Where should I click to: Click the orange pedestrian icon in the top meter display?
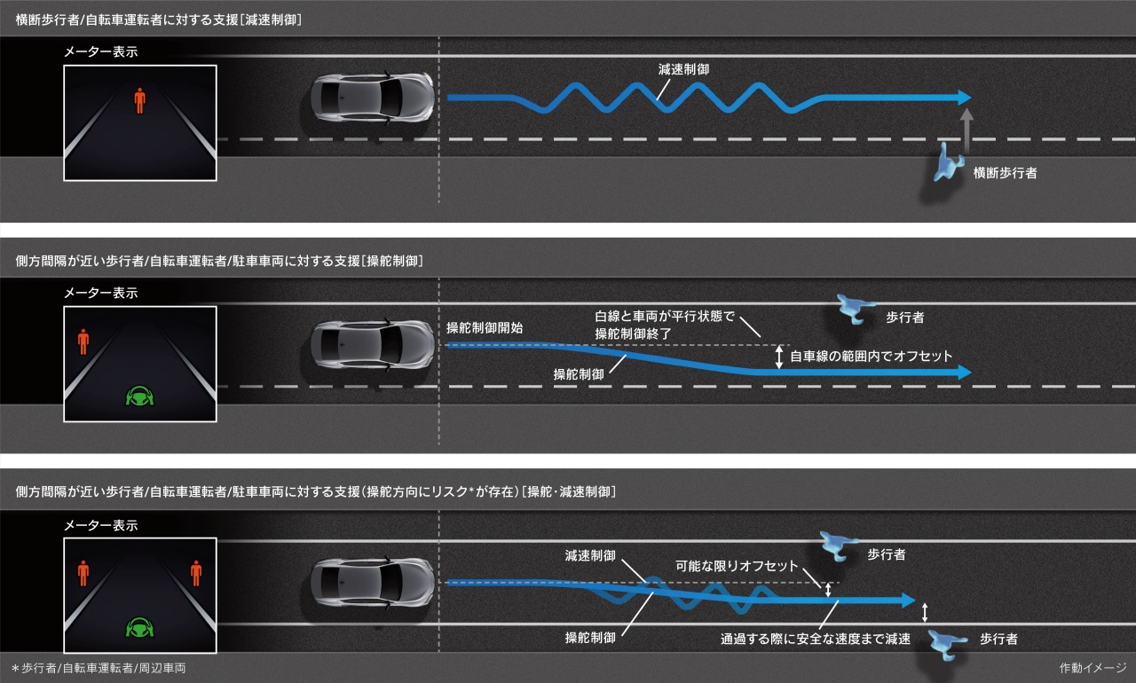coord(139,100)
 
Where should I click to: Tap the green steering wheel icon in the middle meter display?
coord(139,396)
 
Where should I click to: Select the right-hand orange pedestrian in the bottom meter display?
coord(196,573)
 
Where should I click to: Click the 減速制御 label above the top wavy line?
coord(683,69)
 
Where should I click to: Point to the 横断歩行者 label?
coord(1005,173)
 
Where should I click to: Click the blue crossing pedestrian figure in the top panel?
coord(947,162)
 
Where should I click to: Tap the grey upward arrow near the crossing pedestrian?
coord(966,130)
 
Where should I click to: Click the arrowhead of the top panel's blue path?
coord(965,98)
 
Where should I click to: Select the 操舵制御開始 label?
coord(485,328)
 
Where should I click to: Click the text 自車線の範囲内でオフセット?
coord(871,357)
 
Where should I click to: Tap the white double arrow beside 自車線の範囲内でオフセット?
coord(779,357)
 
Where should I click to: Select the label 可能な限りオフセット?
coord(737,566)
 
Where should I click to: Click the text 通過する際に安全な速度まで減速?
coord(816,639)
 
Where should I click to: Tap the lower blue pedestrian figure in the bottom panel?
coord(947,645)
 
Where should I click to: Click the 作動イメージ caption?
coord(1093,668)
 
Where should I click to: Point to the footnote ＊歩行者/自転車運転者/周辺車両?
coord(99,668)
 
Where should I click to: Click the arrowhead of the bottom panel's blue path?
coord(908,601)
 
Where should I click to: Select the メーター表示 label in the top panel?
coord(101,51)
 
